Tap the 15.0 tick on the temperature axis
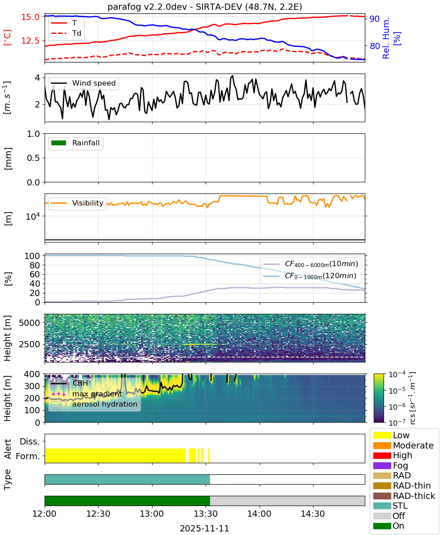coord(30,17)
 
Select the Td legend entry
coord(66,33)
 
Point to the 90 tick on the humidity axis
coord(374,19)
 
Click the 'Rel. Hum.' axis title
coord(386,38)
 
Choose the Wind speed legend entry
coord(83,83)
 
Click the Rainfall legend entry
coord(75,143)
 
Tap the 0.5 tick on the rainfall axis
coord(33,158)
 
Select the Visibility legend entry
coord(77,203)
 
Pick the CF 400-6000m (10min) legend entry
coord(310,264)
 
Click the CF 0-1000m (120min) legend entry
coord(310,276)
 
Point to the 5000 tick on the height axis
coord(29,323)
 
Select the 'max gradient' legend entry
coord(87,394)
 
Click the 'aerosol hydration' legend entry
coord(94,404)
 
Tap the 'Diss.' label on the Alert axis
coord(30,441)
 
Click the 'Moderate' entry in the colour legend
coord(403,445)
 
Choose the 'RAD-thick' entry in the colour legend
coord(404,496)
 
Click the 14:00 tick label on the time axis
coord(259,514)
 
